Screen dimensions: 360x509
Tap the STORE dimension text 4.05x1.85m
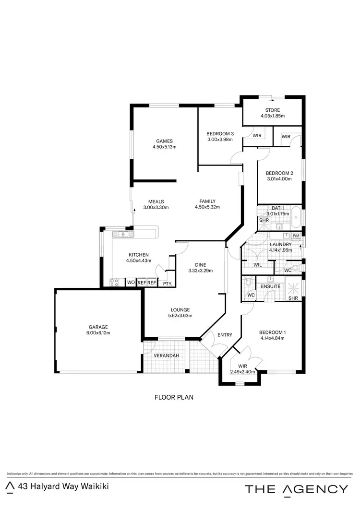(273, 116)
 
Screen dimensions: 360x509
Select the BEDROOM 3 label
(220, 133)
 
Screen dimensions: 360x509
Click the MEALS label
(156, 201)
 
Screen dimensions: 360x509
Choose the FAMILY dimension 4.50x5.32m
(207, 207)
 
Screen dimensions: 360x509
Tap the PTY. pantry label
(168, 284)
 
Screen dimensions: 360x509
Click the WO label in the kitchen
(131, 283)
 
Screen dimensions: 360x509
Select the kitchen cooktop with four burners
(115, 283)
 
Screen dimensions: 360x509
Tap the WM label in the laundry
(296, 236)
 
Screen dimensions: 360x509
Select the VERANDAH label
(166, 355)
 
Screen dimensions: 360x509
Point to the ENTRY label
(225, 335)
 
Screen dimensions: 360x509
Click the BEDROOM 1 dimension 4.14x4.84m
(272, 338)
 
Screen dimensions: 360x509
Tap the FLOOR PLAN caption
(173, 397)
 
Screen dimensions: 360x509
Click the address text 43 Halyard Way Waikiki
(63, 486)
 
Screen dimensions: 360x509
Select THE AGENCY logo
(297, 489)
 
